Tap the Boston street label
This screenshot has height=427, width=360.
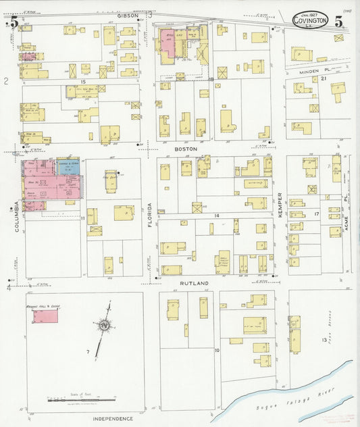[x=186, y=148]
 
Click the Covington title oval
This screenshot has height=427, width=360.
[x=311, y=21]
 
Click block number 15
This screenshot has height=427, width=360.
[x=84, y=66]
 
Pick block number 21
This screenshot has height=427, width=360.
[x=324, y=79]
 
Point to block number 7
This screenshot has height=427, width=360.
[x=88, y=352]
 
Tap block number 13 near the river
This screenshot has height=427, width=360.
[x=325, y=340]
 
